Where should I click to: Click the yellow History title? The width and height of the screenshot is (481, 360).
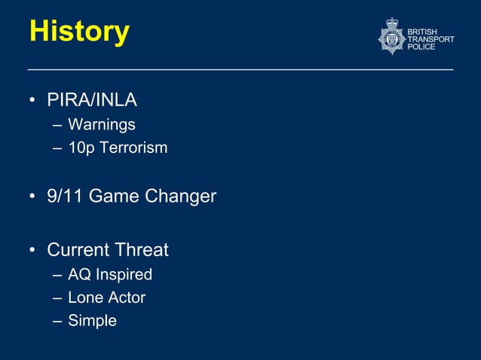pos(79,32)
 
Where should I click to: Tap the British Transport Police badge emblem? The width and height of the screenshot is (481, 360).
pos(391,37)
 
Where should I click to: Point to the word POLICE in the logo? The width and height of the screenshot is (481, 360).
pos(421,47)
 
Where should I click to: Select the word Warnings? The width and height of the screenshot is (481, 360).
pos(101,124)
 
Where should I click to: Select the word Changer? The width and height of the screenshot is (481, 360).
pos(180,197)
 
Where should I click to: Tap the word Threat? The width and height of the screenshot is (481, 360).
pos(141,249)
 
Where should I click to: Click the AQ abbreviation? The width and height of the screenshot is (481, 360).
pos(79,274)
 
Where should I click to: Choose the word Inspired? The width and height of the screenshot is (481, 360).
pos(124,275)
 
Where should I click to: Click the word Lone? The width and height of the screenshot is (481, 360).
pos(84,297)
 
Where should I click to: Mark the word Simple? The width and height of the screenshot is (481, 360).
pos(92,321)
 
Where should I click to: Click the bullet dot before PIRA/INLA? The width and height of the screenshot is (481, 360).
pos(33,100)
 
